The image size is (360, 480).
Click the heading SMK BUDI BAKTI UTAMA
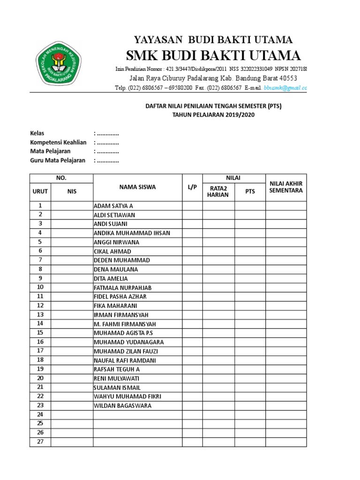pyautogui.click(x=214, y=55)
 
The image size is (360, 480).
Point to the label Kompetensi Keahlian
pyautogui.click(x=58, y=142)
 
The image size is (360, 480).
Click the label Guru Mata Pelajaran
pyautogui.click(x=58, y=160)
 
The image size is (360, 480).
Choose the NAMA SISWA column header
pyautogui.click(x=137, y=187)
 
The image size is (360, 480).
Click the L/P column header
pyautogui.click(x=192, y=187)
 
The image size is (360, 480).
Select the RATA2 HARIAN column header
pyautogui.click(x=219, y=191)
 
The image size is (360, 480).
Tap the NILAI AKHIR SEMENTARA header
pyautogui.click(x=286, y=187)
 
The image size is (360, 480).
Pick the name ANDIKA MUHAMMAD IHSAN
pyautogui.click(x=132, y=233)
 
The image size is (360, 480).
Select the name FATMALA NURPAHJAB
pyautogui.click(x=123, y=287)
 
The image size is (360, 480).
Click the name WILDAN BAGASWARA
pyautogui.click(x=122, y=405)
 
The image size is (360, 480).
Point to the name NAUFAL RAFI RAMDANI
pyautogui.click(x=125, y=360)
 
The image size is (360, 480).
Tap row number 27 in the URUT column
pyautogui.click(x=40, y=442)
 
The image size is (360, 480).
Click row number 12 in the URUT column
pyautogui.click(x=40, y=306)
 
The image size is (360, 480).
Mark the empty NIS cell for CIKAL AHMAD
pyautogui.click(x=72, y=251)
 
